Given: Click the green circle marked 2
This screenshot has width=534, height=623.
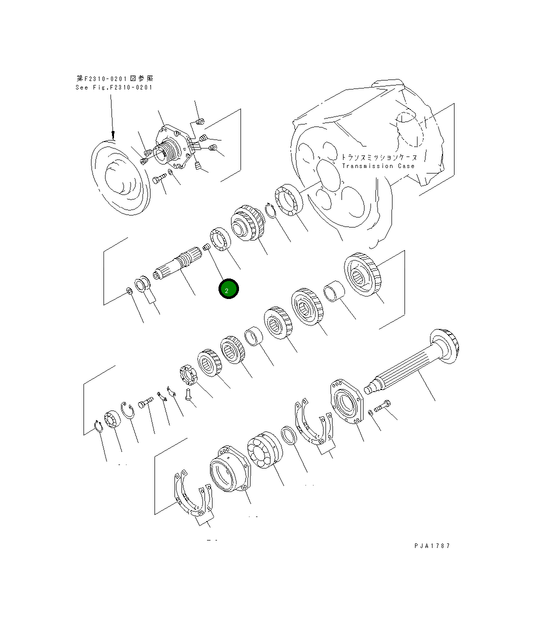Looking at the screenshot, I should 228,289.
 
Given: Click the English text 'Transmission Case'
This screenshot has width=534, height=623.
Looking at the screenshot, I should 378,166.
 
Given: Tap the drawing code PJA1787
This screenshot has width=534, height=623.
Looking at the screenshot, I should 432,545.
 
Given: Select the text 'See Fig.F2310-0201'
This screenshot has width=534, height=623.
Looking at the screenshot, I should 114,87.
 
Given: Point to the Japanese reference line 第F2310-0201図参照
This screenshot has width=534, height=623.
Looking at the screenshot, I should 115,78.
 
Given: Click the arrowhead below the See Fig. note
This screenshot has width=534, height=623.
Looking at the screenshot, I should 113,134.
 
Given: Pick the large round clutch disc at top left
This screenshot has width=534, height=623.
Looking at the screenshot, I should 120,177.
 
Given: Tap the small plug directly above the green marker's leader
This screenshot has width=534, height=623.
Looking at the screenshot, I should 206,246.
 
